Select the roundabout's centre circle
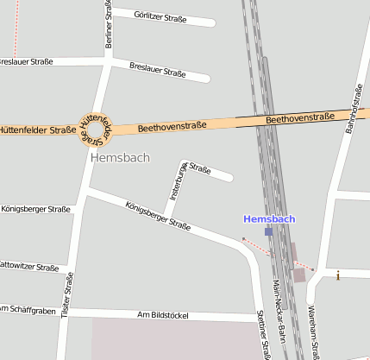[x=97, y=130]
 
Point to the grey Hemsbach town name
[x=120, y=158]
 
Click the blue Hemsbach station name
[x=269, y=218]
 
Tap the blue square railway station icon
[x=269, y=231]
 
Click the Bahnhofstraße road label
[x=352, y=110]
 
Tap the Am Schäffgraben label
[x=28, y=309]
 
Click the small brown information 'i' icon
[x=338, y=275]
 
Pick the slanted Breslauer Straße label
[x=157, y=70]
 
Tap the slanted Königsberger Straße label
[x=157, y=216]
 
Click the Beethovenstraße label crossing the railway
[x=300, y=117]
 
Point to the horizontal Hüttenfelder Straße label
[x=37, y=130]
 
